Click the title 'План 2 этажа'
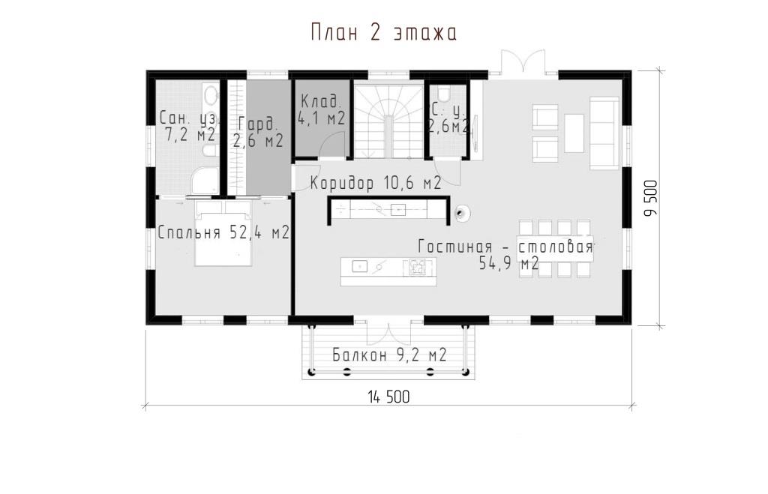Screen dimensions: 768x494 click(x=384, y=33)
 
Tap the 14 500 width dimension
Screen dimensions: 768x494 click(x=389, y=397)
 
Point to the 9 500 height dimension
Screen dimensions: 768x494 click(x=651, y=199)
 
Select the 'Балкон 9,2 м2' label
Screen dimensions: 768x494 click(x=389, y=355)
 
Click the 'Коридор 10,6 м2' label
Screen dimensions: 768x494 click(x=376, y=183)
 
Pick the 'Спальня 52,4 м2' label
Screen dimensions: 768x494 click(x=223, y=232)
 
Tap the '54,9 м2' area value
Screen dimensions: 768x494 click(x=509, y=263)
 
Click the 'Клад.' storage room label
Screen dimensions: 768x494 click(x=319, y=102)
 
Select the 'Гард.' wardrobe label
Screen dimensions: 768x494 click(x=258, y=124)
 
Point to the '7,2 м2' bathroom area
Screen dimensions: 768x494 click(x=190, y=134)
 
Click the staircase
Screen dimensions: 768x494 click(x=389, y=121)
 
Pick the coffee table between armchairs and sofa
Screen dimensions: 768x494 click(x=574, y=133)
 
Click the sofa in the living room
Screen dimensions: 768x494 click(x=604, y=133)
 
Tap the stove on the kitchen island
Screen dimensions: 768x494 click(x=418, y=267)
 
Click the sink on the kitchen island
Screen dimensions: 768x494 click(x=359, y=266)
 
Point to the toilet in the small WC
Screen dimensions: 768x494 click(x=445, y=93)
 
